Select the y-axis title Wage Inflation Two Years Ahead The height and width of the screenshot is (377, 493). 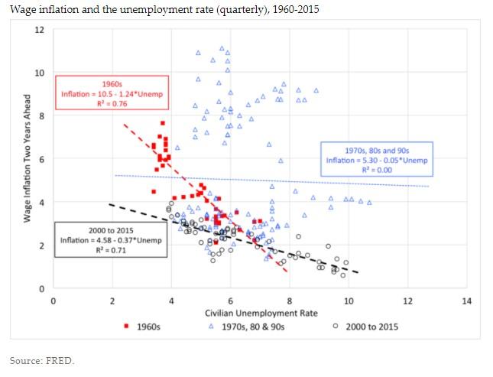[x=27, y=158]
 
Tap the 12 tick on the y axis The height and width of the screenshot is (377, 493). [x=40, y=30]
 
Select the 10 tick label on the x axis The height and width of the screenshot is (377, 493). [x=349, y=301]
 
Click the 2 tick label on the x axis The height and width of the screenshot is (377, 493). [x=112, y=301]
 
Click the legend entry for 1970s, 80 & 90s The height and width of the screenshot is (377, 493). [x=251, y=327]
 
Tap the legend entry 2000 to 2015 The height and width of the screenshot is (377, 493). [x=366, y=327]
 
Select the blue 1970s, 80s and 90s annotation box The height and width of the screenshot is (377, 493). [x=378, y=159]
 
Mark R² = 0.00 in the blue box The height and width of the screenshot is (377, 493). [x=378, y=170]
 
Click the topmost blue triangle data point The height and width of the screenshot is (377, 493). [x=222, y=48]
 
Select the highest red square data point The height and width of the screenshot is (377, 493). [x=163, y=123]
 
